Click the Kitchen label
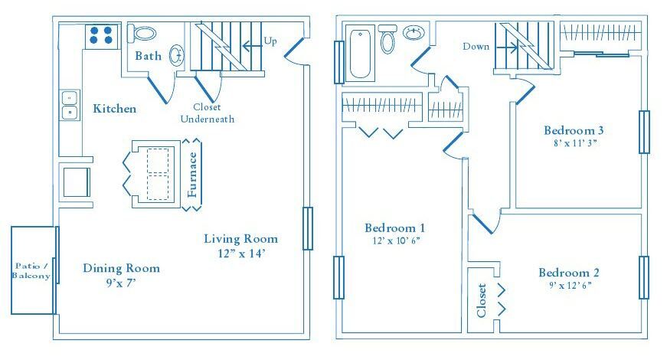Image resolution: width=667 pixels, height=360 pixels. pos(115,109)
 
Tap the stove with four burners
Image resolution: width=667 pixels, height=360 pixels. pos(101,35)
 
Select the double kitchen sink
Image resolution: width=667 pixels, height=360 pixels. pos(70,105)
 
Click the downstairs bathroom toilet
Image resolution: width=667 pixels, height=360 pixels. pos(143,34)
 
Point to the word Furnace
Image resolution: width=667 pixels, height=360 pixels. pos(193,175)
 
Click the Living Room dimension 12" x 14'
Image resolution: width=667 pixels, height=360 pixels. pos(240,252)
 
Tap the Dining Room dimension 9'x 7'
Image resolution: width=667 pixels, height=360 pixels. pos(121,282)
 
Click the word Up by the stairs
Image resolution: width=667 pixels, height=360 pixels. pos(270,41)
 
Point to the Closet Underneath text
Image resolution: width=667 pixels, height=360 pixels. pos(208,113)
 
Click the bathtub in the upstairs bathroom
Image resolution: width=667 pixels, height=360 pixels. pos(360,54)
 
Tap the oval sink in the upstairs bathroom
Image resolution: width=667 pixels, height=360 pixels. pos(414,34)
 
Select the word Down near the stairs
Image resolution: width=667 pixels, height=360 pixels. pos(476,47)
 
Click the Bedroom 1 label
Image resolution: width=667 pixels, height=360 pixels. pos(395,228)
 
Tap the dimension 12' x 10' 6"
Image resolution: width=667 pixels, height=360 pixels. pos(395,241)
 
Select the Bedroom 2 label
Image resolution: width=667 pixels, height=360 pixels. pos(569,273)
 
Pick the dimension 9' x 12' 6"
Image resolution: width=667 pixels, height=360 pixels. pos(567,286)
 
